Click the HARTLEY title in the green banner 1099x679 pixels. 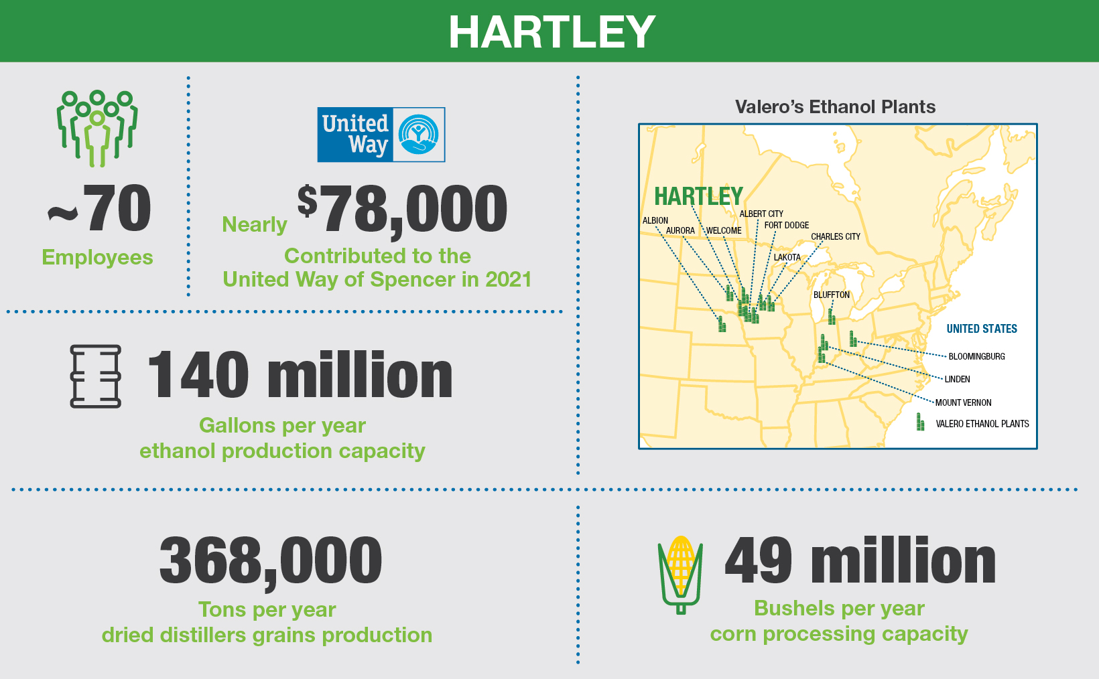[x=552, y=31]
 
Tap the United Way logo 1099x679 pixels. [x=381, y=135]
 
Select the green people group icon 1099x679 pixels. [x=97, y=128]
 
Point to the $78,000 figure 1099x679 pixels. [x=402, y=210]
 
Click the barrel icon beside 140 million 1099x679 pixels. [x=96, y=376]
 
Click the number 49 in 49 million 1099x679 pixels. [x=759, y=561]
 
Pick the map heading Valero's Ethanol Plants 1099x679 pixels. [x=835, y=107]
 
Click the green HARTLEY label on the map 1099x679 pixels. [x=698, y=196]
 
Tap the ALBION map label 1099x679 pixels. [x=655, y=220]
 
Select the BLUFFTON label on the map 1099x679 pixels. [x=831, y=295]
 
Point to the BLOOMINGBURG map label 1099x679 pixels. [x=976, y=356]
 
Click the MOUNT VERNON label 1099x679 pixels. [x=963, y=402]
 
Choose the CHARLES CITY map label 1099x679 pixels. [x=835, y=236]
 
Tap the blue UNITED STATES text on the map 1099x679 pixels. [x=981, y=329]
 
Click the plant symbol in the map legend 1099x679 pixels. [x=920, y=422]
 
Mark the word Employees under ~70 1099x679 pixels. [x=97, y=257]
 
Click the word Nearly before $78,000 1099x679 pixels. [x=254, y=224]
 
